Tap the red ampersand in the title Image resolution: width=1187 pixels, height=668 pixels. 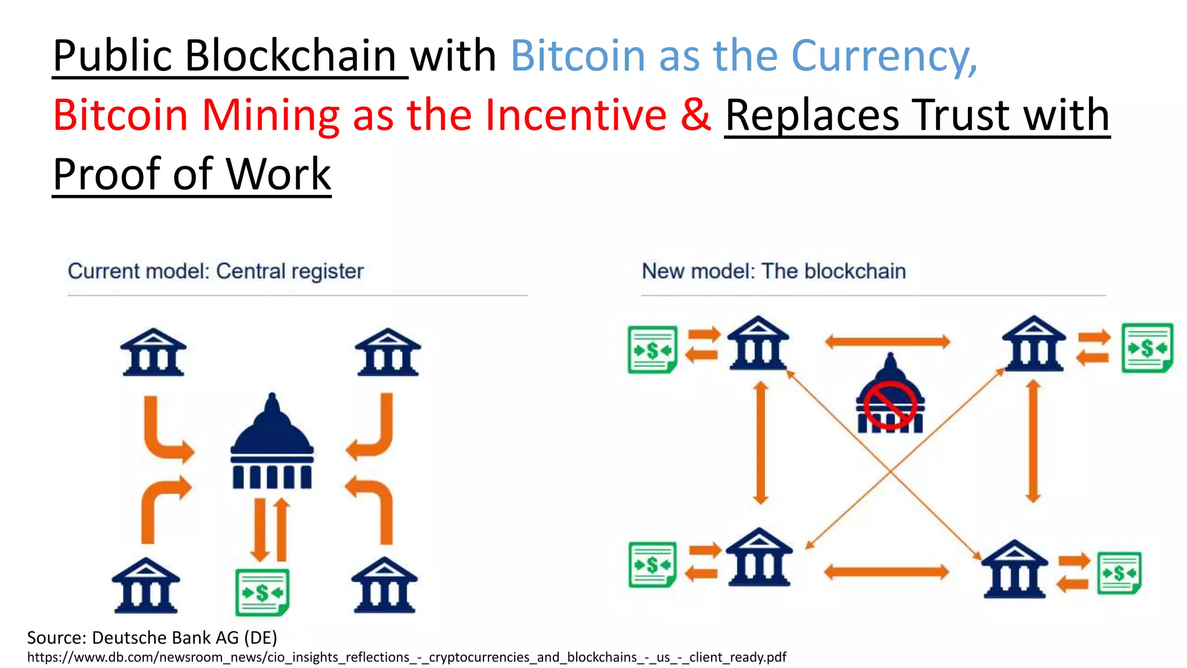[696, 114]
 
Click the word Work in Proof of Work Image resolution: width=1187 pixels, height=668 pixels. [278, 174]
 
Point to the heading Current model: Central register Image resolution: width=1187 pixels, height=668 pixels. [216, 271]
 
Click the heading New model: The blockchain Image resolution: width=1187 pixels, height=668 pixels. [774, 271]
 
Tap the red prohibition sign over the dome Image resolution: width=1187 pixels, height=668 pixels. [890, 405]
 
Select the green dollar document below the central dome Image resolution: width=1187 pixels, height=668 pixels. [262, 592]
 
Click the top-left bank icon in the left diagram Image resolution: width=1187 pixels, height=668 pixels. [153, 353]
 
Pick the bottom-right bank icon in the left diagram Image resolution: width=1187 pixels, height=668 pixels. [384, 586]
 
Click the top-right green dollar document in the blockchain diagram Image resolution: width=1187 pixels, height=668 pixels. [1147, 348]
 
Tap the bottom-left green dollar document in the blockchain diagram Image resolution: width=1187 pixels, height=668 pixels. [653, 564]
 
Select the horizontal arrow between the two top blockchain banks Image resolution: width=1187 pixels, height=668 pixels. [887, 342]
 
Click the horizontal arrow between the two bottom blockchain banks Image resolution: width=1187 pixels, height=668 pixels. [886, 572]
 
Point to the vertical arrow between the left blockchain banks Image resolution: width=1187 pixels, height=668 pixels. [761, 442]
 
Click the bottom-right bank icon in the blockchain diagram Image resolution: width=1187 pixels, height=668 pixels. [1014, 569]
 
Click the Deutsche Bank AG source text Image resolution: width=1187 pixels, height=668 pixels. [152, 638]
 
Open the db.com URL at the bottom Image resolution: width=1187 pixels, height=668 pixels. [406, 658]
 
